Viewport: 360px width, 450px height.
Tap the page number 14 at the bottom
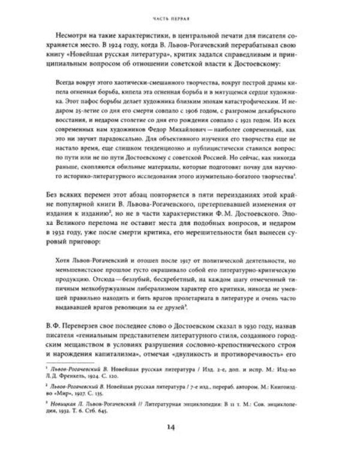coord(180,427)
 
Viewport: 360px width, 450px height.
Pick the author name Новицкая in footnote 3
coord(66,409)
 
